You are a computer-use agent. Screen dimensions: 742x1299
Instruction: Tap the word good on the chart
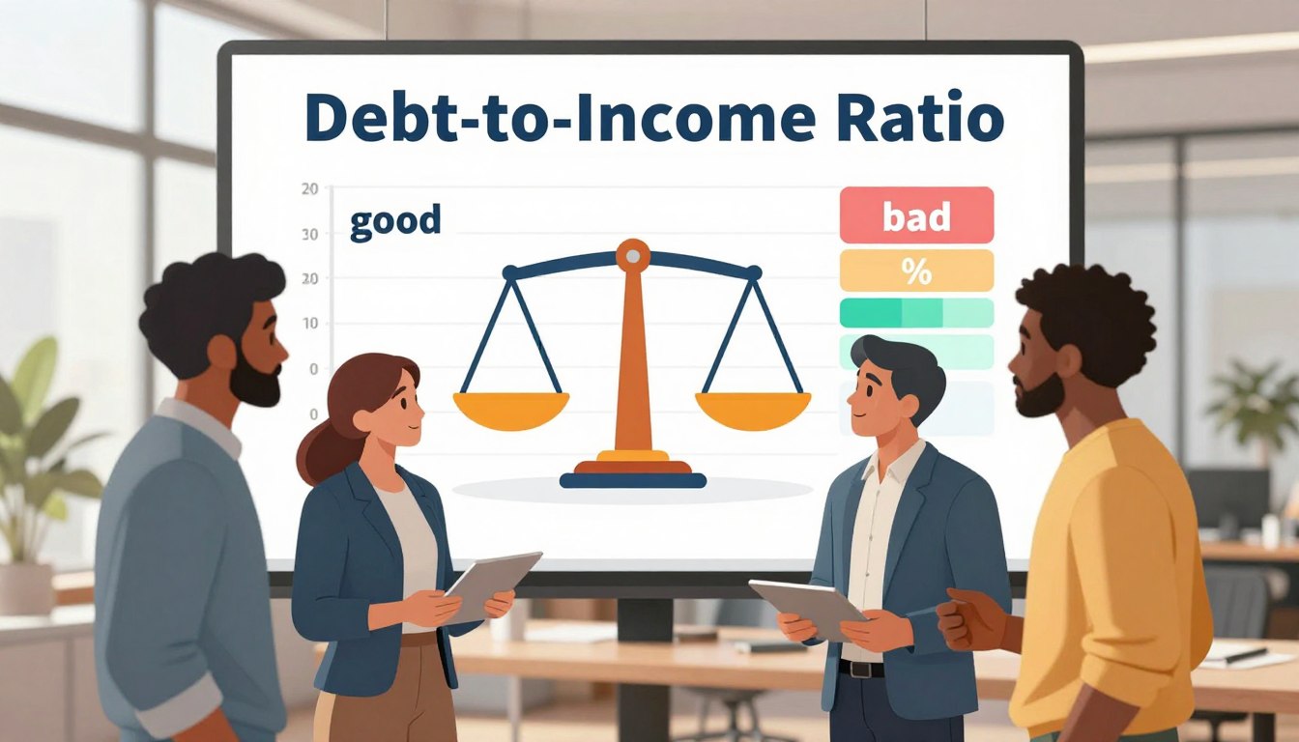point(394,221)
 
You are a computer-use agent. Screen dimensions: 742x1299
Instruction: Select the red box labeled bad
point(916,215)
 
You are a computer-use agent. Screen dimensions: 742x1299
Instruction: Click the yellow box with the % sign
point(916,271)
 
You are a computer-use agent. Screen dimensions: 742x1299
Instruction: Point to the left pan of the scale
point(510,408)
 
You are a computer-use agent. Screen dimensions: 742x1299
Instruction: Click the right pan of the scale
point(753,408)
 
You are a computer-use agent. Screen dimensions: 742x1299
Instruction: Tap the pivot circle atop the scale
point(633,256)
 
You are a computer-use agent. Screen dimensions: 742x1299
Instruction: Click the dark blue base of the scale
point(633,479)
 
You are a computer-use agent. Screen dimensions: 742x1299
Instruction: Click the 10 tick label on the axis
point(309,323)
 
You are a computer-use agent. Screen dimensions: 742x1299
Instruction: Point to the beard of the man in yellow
point(1039,397)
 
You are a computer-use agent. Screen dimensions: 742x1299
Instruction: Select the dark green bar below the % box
point(873,313)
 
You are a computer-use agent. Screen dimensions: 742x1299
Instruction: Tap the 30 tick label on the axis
point(309,234)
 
